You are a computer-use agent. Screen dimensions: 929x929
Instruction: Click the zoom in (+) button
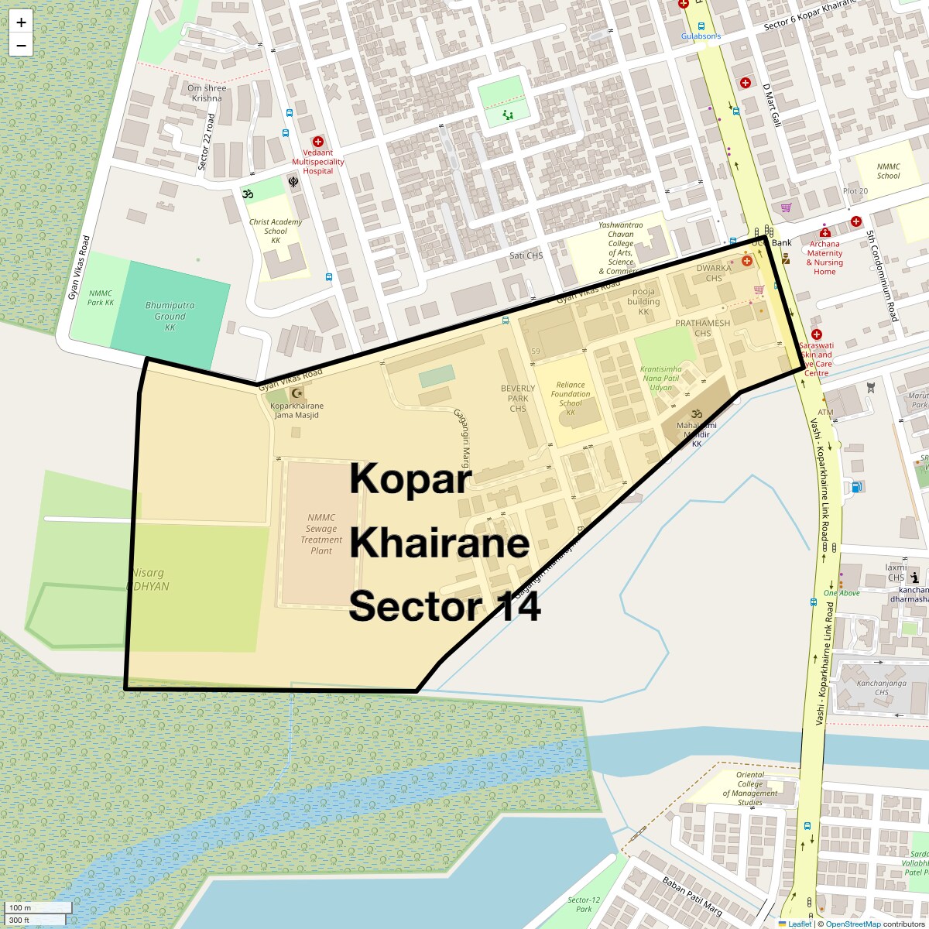(x=21, y=22)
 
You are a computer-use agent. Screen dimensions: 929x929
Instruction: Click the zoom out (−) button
(x=21, y=46)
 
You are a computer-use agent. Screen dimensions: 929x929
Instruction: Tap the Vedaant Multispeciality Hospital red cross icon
(x=317, y=142)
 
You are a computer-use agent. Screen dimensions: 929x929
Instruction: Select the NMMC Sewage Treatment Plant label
(x=321, y=534)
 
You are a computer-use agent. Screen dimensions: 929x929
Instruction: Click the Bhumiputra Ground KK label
(x=170, y=316)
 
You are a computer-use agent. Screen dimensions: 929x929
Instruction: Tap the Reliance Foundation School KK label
(x=571, y=398)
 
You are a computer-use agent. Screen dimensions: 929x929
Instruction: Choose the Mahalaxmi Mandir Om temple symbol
(x=695, y=413)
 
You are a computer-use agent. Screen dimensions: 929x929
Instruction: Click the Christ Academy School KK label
(x=276, y=231)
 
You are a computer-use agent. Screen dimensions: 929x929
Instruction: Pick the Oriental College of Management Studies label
(x=750, y=788)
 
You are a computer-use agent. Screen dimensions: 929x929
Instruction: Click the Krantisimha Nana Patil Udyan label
(x=660, y=378)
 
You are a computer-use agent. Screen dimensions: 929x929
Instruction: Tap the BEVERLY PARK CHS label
(x=518, y=398)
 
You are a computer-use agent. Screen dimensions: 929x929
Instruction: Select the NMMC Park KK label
(x=101, y=297)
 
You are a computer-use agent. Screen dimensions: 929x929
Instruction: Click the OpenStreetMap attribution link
(x=852, y=924)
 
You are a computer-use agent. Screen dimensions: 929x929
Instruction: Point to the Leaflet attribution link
(x=799, y=924)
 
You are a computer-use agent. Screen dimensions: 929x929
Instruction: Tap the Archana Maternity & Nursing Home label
(x=824, y=258)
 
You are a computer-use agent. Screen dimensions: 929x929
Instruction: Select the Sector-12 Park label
(x=584, y=904)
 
